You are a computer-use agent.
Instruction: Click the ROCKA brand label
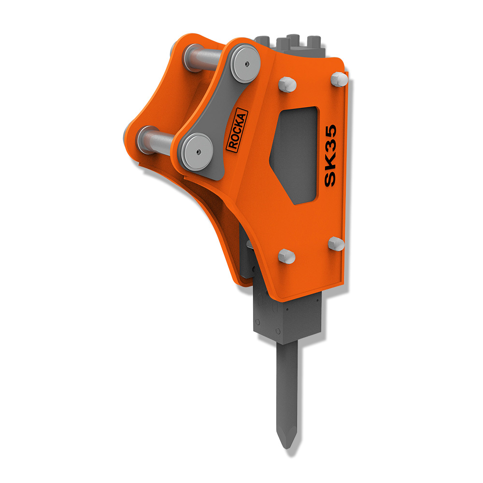pos(237,129)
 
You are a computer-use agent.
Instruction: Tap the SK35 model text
pos(330,156)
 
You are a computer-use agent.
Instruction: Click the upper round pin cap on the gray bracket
pos(245,64)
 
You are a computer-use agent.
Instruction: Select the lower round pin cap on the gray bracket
pos(197,152)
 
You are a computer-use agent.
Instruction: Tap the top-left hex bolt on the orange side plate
pos(287,85)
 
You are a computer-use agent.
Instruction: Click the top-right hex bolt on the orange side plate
pos(339,79)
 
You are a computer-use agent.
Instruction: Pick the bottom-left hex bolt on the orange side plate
pos(286,256)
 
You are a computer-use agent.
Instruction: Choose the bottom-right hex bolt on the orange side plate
pos(336,243)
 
